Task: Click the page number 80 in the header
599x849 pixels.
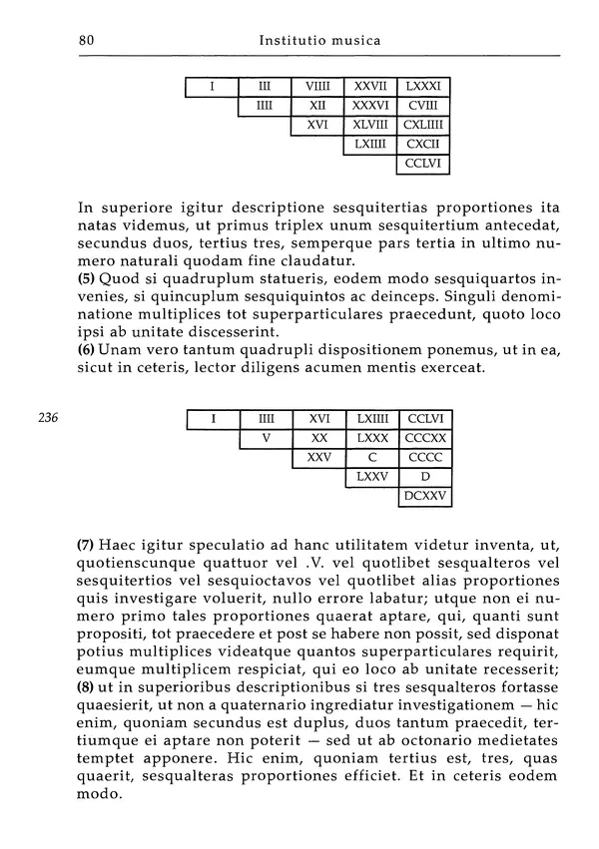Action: [85, 41]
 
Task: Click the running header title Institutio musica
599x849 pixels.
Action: [320, 41]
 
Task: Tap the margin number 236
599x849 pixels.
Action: [49, 419]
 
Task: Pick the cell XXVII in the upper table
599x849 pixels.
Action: [370, 87]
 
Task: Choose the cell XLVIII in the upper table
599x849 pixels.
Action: [370, 126]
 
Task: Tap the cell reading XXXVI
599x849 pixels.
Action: [370, 106]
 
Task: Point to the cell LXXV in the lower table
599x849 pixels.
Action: [370, 477]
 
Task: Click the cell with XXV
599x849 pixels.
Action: [318, 458]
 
